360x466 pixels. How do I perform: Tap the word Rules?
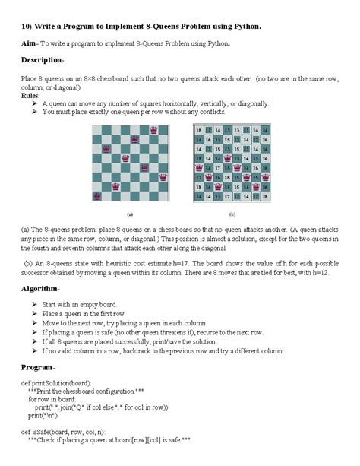30,97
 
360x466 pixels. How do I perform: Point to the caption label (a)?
130,214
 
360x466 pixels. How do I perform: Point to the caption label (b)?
232,214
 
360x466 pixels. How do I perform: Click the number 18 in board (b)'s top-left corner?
199,131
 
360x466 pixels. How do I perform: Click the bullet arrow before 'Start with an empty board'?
35,304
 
